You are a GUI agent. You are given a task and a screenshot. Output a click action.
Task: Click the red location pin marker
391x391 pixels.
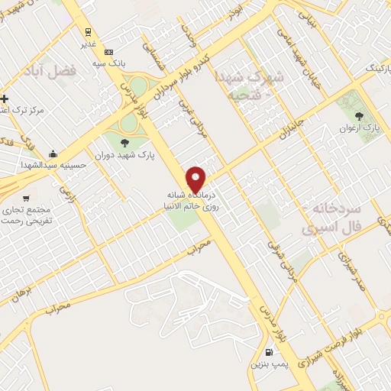[x=196, y=179]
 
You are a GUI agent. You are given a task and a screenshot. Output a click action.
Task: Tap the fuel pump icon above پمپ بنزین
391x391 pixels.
[x=269, y=353]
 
